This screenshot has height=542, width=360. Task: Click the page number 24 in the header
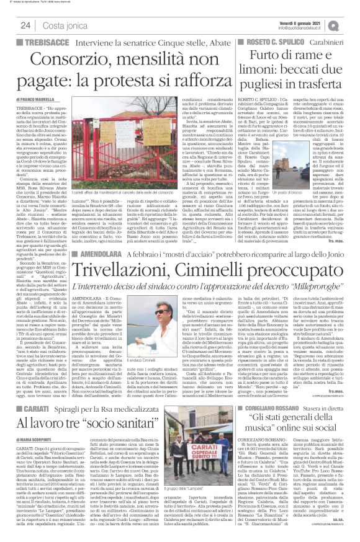tap(25, 25)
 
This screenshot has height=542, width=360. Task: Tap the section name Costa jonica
tap(61, 25)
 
